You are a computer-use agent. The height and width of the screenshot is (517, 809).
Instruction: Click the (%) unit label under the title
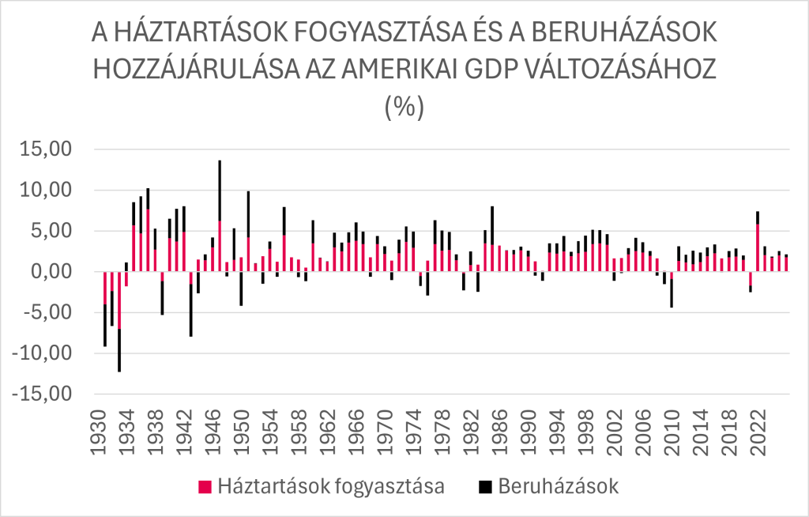click(x=404, y=107)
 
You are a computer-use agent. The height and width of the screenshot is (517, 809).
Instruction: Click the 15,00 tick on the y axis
click(x=45, y=149)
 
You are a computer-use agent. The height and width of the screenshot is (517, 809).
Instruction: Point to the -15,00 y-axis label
click(x=40, y=394)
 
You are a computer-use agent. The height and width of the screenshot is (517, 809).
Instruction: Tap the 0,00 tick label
click(x=51, y=272)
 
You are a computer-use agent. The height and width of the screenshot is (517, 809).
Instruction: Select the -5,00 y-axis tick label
click(x=47, y=312)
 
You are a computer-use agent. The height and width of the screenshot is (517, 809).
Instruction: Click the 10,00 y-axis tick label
click(x=45, y=190)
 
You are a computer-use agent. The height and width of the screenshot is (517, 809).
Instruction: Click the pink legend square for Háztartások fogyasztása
click(x=205, y=486)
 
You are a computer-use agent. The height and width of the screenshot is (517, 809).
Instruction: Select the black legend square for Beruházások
click(x=485, y=486)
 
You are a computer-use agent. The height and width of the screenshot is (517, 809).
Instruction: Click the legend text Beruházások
click(x=559, y=486)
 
